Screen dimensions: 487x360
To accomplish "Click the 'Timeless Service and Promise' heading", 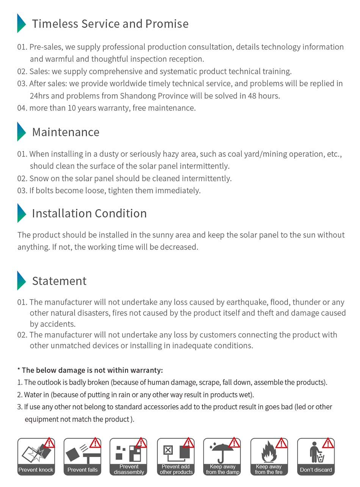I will [110, 23].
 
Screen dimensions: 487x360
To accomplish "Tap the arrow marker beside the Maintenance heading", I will [21, 131].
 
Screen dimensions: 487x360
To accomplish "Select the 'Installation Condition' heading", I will [89, 213].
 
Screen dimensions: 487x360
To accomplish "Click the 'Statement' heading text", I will [59, 281].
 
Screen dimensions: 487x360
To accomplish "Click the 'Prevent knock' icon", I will [36, 456].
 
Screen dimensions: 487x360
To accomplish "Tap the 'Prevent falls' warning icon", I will [82, 456].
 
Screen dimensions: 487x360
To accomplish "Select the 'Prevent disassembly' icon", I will [128, 456].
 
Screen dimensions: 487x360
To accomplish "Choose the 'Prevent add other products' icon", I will [176, 456].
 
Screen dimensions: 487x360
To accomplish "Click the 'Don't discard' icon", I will [316, 456].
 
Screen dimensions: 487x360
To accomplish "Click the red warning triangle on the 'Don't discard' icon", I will [328, 443].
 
